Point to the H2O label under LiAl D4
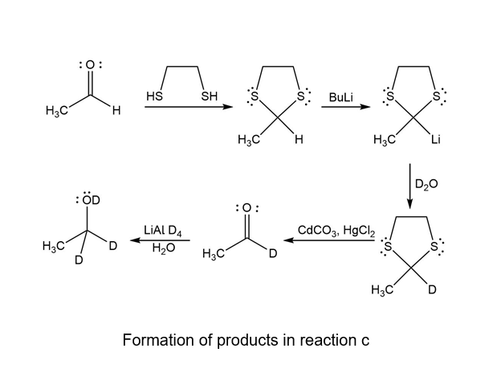click(164, 249)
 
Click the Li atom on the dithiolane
click(435, 141)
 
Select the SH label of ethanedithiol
click(209, 96)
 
